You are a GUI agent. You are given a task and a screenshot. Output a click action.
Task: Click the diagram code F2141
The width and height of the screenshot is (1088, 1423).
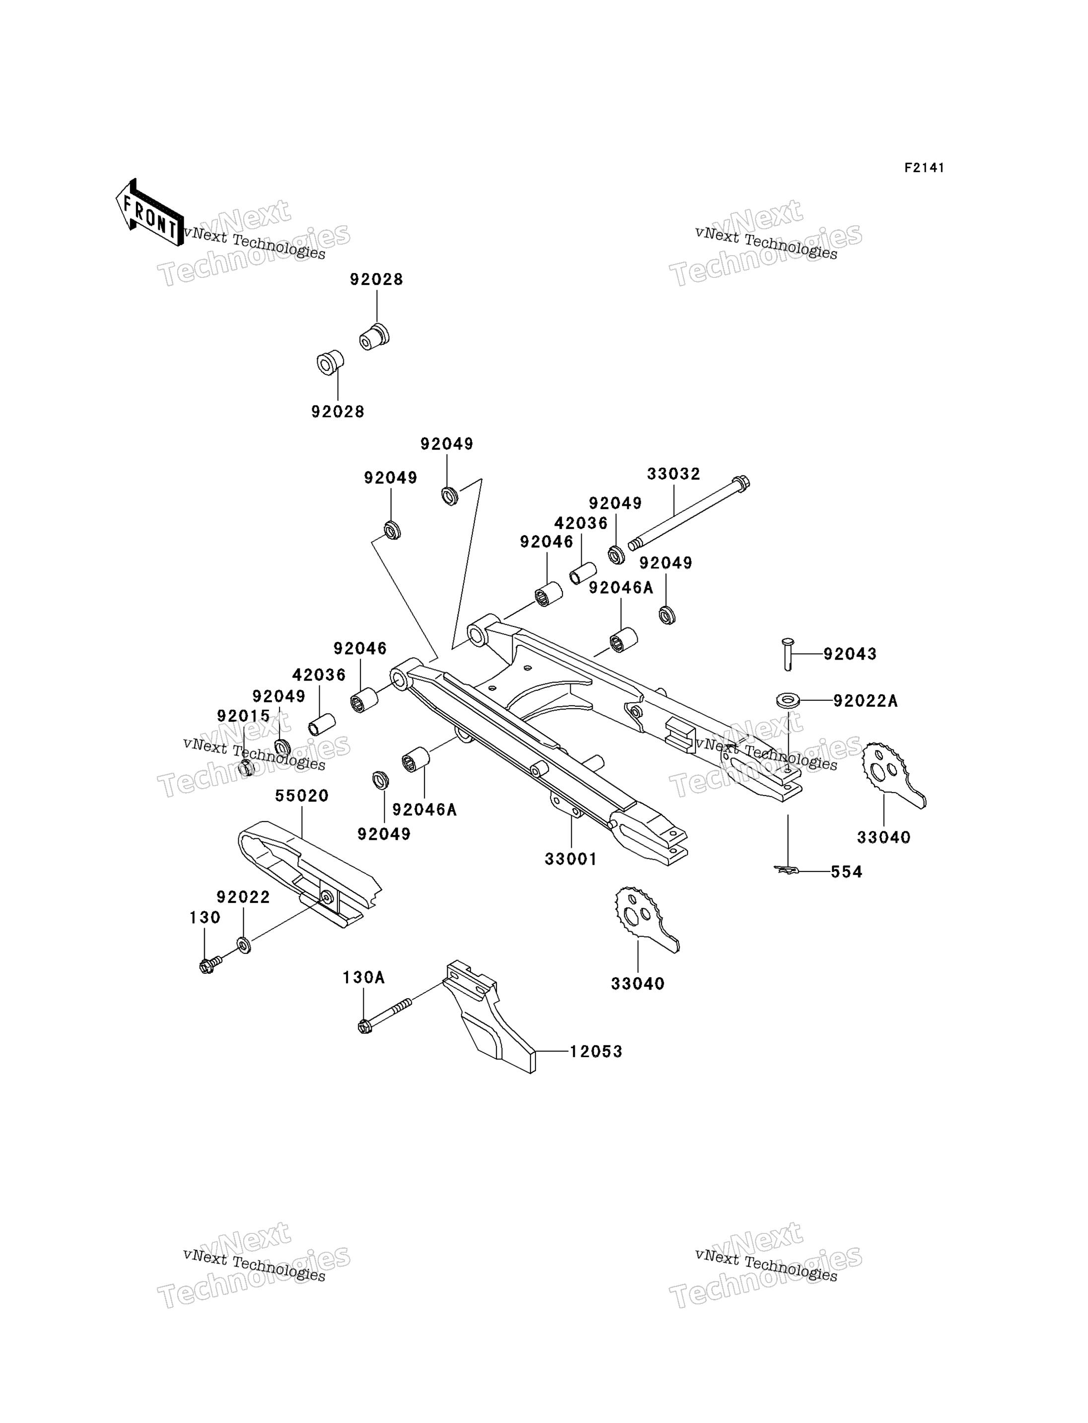click(924, 168)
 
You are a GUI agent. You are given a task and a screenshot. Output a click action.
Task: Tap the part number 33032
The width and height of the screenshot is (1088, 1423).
click(674, 474)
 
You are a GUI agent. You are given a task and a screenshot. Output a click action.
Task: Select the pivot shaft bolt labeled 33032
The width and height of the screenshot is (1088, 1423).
click(688, 513)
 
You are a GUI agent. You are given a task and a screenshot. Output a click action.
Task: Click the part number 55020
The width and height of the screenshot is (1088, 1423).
click(302, 795)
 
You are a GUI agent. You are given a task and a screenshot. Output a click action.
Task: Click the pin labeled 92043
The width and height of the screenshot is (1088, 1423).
click(788, 654)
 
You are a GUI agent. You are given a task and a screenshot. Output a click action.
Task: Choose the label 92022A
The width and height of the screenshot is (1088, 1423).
click(865, 701)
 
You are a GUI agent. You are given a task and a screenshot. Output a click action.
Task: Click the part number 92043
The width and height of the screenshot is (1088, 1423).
click(850, 654)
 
